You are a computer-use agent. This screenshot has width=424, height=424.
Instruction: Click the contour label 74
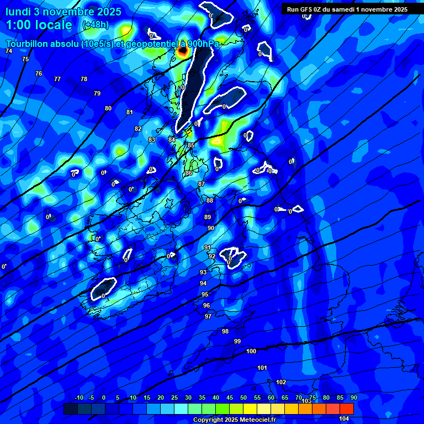point(9,51)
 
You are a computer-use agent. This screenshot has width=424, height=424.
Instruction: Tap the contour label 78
point(84,79)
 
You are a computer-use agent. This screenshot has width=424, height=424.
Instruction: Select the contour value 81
point(130,112)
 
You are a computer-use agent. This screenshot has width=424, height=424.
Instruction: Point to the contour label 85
point(191,145)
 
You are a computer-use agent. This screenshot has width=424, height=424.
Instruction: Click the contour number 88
point(210,200)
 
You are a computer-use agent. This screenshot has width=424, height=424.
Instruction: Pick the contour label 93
point(203,272)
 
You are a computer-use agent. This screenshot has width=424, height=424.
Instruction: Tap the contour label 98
point(225,331)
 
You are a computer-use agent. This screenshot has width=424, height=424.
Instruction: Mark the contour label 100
point(252,351)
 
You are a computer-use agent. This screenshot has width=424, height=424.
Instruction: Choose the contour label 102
point(281,382)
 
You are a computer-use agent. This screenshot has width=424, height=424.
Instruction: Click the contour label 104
point(344,419)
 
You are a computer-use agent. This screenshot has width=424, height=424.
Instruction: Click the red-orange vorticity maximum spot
point(183,52)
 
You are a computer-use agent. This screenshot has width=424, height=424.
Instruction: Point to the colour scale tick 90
point(353,397)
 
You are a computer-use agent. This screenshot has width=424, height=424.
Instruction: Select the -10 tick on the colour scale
point(78,397)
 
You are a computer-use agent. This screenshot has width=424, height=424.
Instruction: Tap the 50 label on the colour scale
point(243,397)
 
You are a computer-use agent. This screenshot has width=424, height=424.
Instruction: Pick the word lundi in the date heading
point(18,12)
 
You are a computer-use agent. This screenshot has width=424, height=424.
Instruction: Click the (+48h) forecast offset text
point(95,25)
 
